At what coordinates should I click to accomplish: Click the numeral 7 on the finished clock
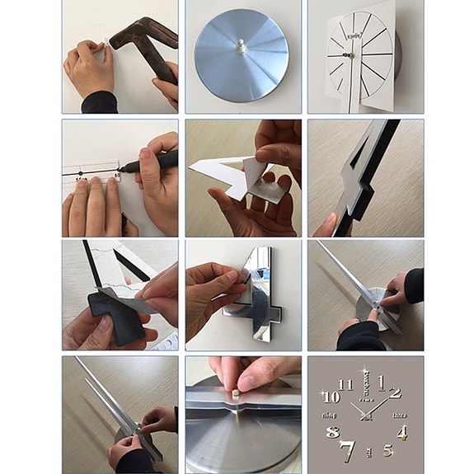[x=347, y=450]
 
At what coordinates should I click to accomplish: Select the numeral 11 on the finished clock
[x=346, y=383]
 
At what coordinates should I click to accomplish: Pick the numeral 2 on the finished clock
[x=396, y=392]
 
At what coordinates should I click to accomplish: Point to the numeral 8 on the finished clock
[x=332, y=432]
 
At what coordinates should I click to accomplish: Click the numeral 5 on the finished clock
[x=387, y=450]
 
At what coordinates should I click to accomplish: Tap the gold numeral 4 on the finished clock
[x=401, y=433]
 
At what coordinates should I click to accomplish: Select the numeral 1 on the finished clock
[x=381, y=382]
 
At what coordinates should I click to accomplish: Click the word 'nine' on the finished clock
[x=331, y=415]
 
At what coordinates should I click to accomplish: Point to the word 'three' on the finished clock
[x=400, y=415]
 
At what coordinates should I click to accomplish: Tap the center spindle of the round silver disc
[x=241, y=48]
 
